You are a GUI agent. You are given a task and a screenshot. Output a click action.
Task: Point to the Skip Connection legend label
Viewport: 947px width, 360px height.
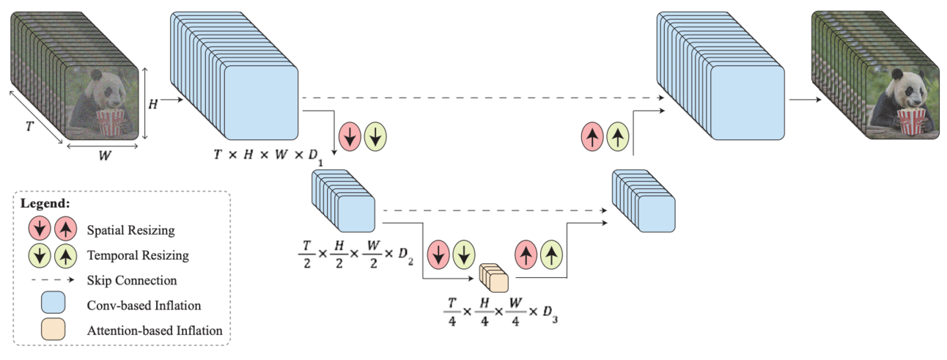click(x=131, y=280)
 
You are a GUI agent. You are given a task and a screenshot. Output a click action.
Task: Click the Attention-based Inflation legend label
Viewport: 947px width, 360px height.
click(x=154, y=330)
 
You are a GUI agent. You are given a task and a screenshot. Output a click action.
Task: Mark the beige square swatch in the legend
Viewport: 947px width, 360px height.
click(x=54, y=330)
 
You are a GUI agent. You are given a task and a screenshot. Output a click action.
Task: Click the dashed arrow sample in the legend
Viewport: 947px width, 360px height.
click(x=54, y=280)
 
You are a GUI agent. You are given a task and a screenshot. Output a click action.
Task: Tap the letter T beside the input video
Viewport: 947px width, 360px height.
click(x=29, y=126)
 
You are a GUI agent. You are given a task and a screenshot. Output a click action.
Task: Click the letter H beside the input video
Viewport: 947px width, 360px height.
click(x=152, y=105)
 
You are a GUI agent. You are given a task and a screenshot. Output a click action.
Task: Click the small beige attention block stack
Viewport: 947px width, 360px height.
click(x=493, y=279)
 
